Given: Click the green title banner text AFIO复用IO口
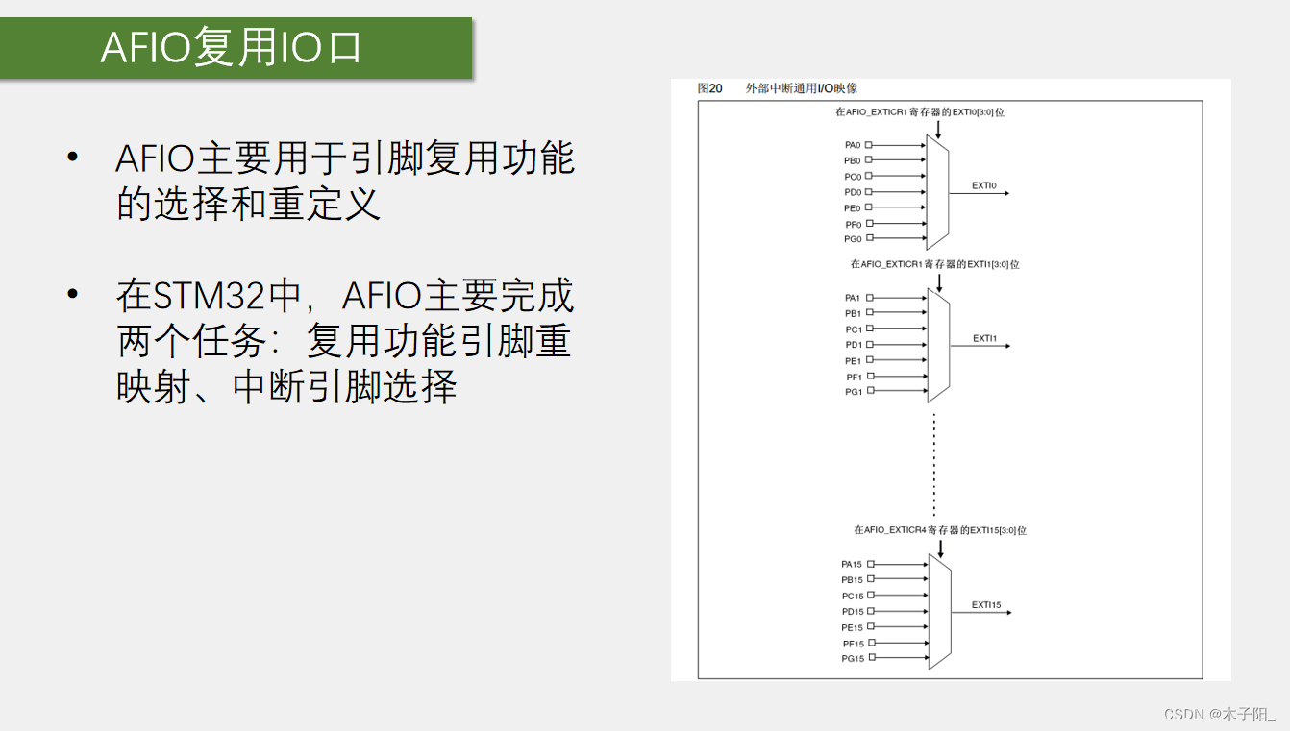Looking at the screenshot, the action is coord(231,47).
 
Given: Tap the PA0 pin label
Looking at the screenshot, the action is coord(853,145).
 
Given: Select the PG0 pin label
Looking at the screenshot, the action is coord(853,239).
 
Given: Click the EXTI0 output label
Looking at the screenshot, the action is coord(983,185).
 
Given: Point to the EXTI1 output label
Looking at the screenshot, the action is coord(984,338).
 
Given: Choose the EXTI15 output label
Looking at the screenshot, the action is coord(986,604).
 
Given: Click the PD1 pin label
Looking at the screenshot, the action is coord(854,345).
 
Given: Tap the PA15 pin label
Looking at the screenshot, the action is coord(852,564).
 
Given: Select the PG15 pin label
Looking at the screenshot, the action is coord(853,658).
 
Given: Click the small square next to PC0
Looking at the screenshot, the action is coord(869,176).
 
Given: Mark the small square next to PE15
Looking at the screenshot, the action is coord(871,626).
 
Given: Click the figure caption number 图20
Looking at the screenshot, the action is coord(709,88).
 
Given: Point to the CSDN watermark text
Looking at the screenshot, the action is coord(1220,715).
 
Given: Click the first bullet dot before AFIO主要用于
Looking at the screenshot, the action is coord(72,157).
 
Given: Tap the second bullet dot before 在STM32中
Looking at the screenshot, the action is coord(72,294).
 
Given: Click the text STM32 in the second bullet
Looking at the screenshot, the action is coord(209,296).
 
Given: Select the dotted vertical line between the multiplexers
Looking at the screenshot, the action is coord(934,464).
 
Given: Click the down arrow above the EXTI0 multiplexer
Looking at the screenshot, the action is coord(938,130).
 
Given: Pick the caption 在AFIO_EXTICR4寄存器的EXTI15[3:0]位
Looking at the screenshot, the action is coord(940,530).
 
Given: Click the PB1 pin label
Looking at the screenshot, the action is coord(853,314).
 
